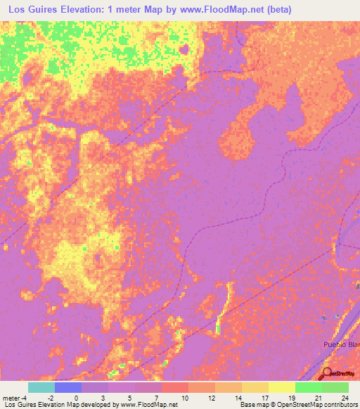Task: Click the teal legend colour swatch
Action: point(41,387)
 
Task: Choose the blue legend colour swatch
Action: point(68,387)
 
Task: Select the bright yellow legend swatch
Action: point(281,387)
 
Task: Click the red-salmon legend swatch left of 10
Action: point(174,387)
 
